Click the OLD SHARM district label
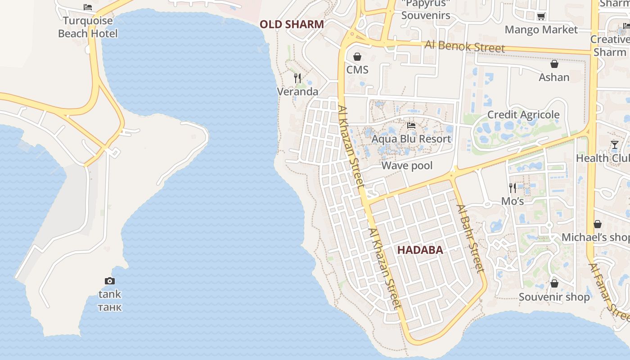pyautogui.click(x=292, y=24)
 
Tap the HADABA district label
pyautogui.click(x=420, y=250)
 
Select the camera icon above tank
pyautogui.click(x=109, y=281)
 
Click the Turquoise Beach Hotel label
pyautogui.click(x=88, y=27)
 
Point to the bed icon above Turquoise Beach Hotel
pyautogui.click(x=88, y=7)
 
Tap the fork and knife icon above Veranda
pyautogui.click(x=297, y=78)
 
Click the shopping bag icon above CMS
pyautogui.click(x=357, y=57)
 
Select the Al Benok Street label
pyautogui.click(x=465, y=46)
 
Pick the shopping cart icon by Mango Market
pyautogui.click(x=541, y=17)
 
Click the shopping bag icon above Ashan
pyautogui.click(x=554, y=64)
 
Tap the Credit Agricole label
pyautogui.click(x=523, y=115)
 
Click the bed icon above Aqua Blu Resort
pyautogui.click(x=411, y=126)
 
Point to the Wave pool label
pyautogui.click(x=407, y=166)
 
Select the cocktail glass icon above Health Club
pyautogui.click(x=615, y=145)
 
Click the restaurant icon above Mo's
pyautogui.click(x=513, y=188)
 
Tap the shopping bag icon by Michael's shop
pyautogui.click(x=598, y=224)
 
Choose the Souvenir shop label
pyautogui.click(x=554, y=297)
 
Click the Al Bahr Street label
pyautogui.click(x=470, y=238)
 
